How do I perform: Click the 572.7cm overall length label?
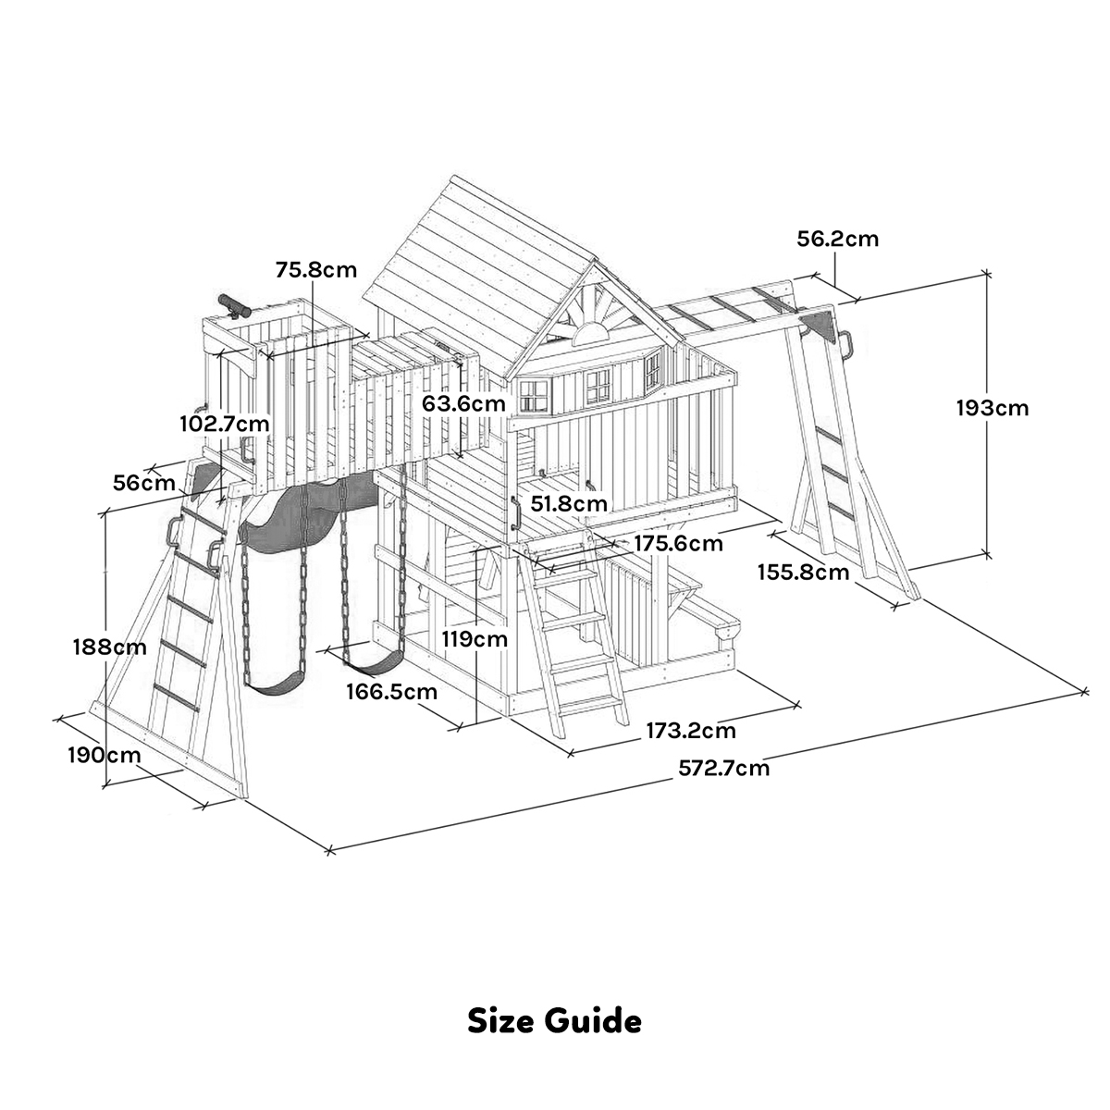click(x=723, y=767)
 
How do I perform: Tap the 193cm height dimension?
click(x=992, y=407)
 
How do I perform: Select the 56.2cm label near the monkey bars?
click(x=837, y=239)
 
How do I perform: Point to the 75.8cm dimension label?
click(x=315, y=270)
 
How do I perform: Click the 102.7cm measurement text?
click(x=225, y=424)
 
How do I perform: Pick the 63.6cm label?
click(x=463, y=403)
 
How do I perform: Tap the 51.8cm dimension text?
click(x=570, y=503)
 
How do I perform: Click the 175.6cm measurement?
click(x=678, y=543)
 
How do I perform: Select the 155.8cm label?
click(x=803, y=572)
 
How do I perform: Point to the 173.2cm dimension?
click(x=691, y=731)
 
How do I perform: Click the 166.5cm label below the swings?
click(x=392, y=691)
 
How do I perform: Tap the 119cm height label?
click(x=474, y=638)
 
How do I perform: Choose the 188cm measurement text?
click(x=109, y=647)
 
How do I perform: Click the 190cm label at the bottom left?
click(x=104, y=754)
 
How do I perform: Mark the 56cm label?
click(x=143, y=482)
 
